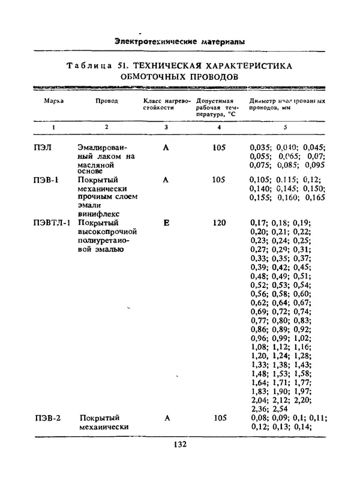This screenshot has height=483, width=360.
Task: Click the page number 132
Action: coord(180,445)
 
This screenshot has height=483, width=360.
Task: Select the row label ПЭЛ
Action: coord(43,148)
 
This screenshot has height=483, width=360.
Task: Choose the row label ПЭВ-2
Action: coord(46,418)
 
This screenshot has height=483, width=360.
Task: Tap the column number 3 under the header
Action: coord(166,127)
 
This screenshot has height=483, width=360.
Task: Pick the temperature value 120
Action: coord(219,223)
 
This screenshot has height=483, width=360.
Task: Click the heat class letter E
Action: coord(166,223)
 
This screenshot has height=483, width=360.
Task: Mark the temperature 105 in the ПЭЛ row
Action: coord(219,148)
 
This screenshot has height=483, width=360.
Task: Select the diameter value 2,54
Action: coord(280,408)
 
